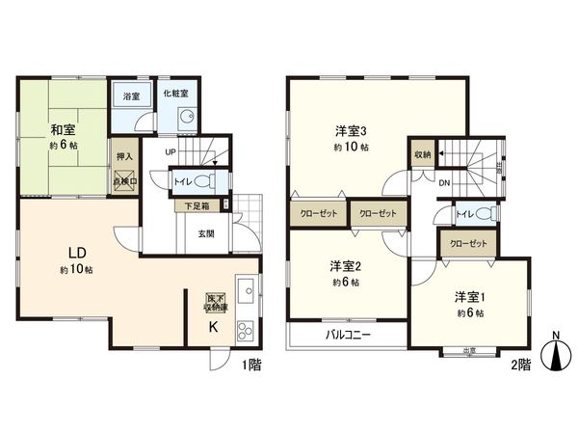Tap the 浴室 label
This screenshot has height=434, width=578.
tap(130, 97)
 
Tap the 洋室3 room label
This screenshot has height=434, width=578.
tap(351, 131)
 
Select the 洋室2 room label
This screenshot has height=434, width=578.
tap(345, 265)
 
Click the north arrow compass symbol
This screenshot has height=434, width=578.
tap(556, 353)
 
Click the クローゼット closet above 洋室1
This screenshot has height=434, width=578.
tap(468, 244)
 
